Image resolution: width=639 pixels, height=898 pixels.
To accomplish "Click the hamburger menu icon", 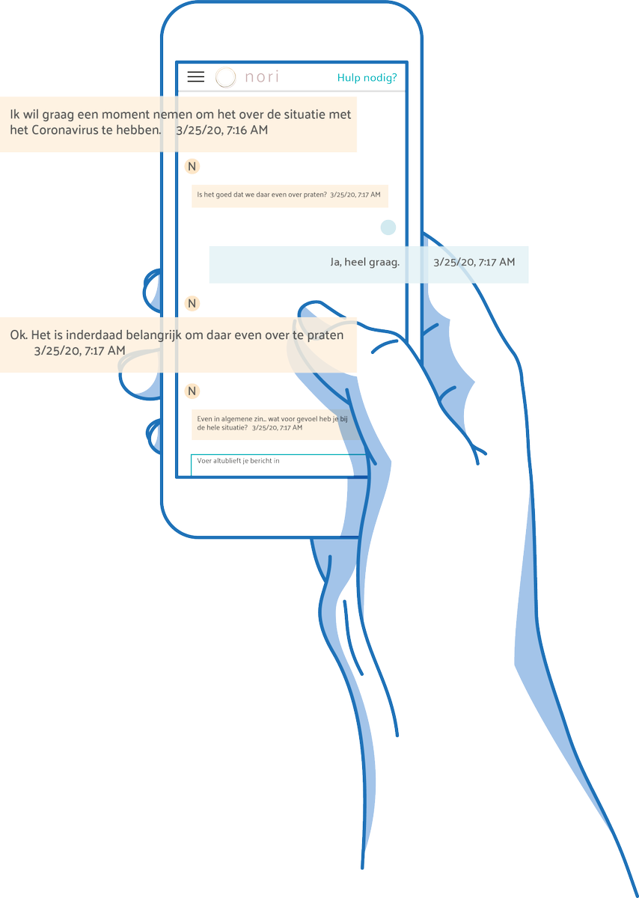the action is click(195, 76).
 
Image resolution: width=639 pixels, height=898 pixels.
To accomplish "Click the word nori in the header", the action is click(262, 76).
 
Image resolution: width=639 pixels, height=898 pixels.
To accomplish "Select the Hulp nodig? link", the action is click(367, 77).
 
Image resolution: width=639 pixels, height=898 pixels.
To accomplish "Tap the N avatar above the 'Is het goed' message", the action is click(192, 166).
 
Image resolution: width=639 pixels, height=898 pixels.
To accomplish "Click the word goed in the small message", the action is click(224, 195).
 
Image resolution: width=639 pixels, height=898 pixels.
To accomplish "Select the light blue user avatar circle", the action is click(388, 227).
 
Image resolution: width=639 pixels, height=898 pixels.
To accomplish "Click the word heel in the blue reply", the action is click(355, 262).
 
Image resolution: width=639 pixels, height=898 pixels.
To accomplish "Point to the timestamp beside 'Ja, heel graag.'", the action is click(474, 262).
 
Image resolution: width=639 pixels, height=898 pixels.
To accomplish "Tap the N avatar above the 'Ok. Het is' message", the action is click(192, 304).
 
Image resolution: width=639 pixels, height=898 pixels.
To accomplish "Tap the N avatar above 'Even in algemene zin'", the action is click(192, 391).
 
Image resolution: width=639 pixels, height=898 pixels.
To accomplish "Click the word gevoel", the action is click(307, 419).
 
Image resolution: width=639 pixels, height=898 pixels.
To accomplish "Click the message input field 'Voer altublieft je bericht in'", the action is click(278, 465).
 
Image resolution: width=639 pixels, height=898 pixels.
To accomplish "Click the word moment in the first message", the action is click(126, 114).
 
